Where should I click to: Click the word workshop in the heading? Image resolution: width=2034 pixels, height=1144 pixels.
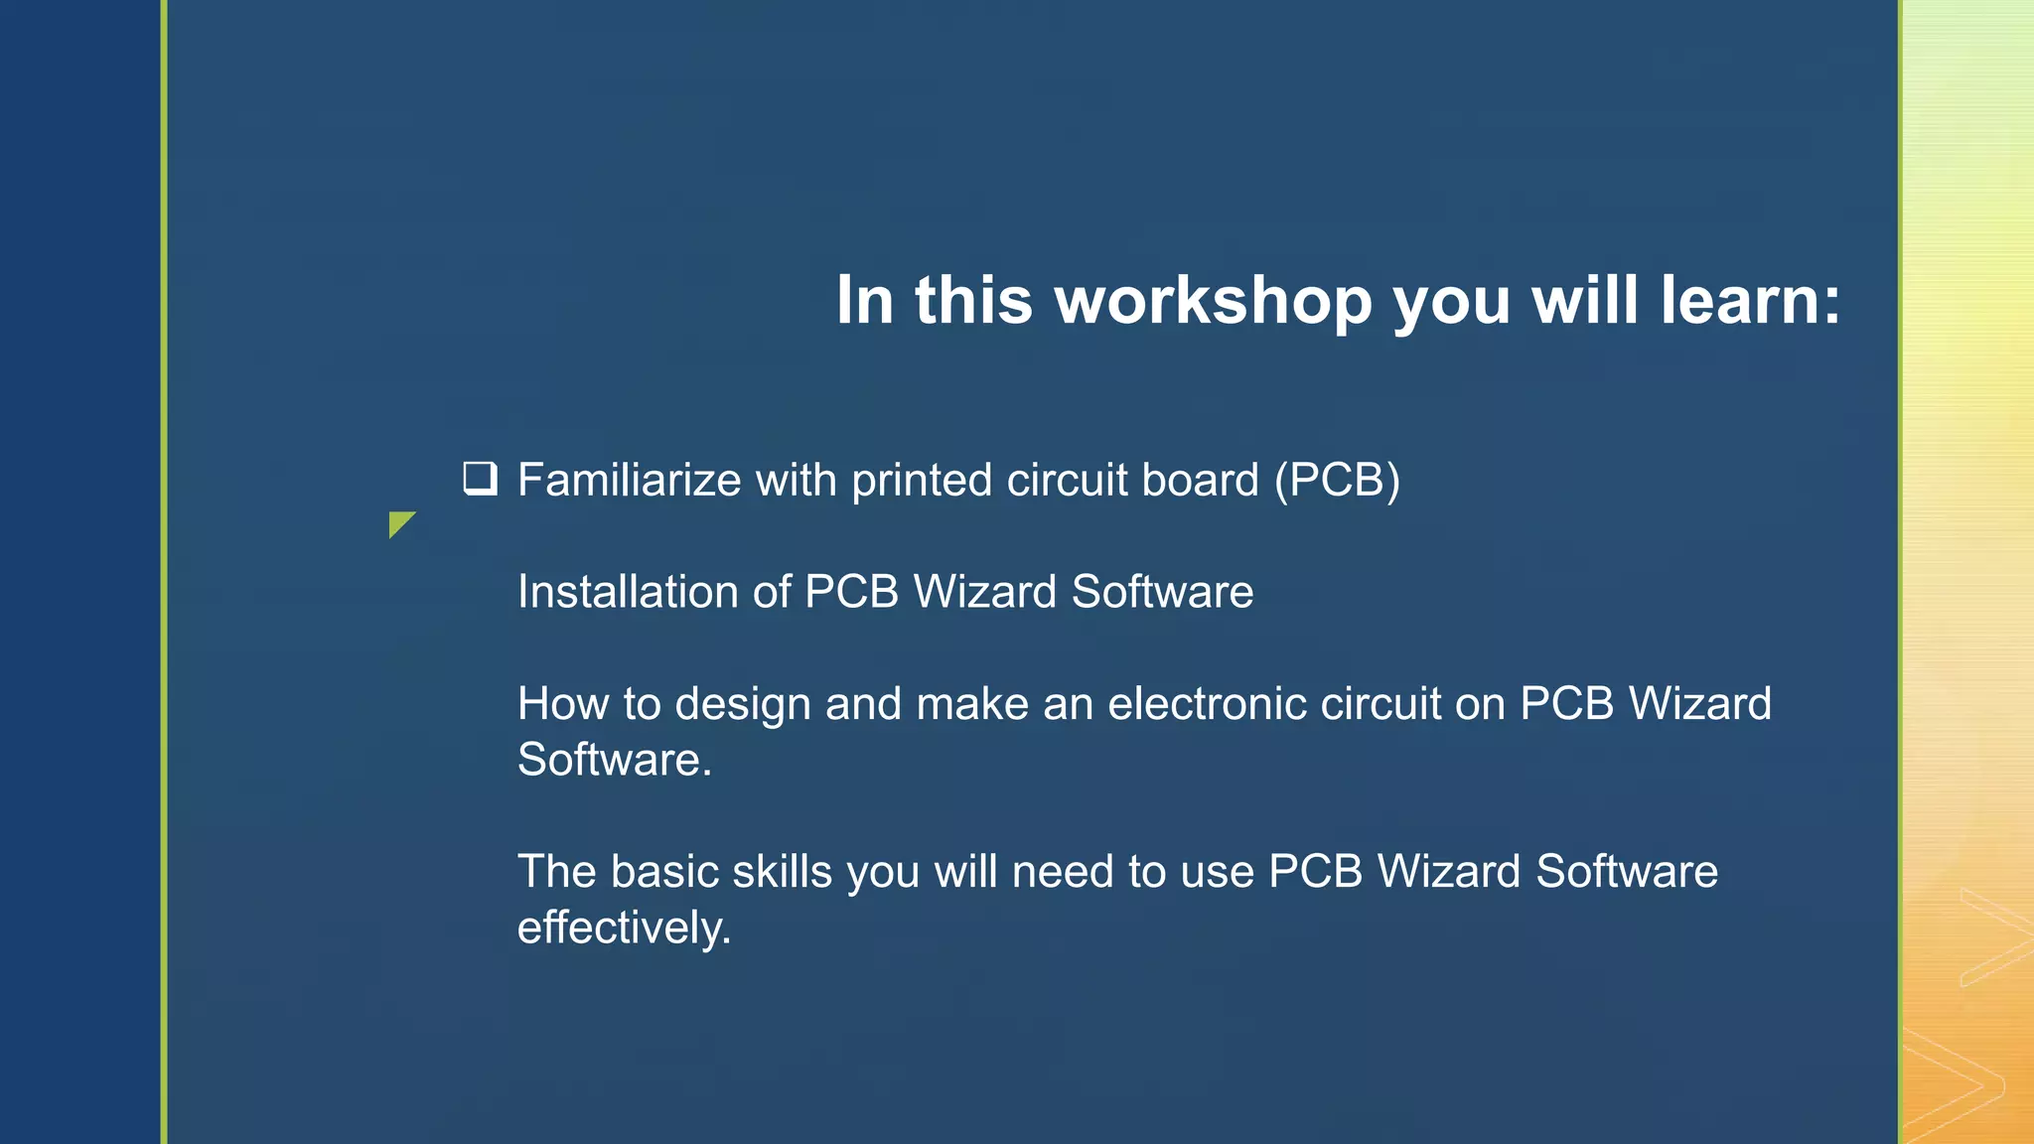1214,301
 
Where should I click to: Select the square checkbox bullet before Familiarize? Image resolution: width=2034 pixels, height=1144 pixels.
480,479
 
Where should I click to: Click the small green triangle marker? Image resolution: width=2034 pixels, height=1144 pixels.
399,522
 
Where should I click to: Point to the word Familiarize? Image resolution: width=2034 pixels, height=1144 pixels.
629,481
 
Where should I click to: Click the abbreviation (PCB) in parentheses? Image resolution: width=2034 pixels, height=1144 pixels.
1337,481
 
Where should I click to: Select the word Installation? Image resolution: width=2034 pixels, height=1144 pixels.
627,592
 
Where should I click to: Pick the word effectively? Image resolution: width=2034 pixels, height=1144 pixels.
624,929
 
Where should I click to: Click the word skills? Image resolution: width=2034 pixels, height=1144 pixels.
782,872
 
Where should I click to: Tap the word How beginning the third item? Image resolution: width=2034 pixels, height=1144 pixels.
562,704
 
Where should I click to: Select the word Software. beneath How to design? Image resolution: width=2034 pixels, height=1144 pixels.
614,761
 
